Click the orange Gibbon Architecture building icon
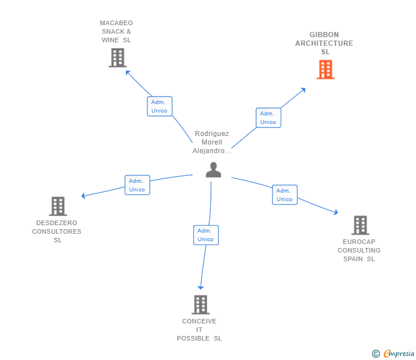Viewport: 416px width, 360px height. click(x=325, y=69)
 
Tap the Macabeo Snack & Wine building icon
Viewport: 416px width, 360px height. click(x=117, y=58)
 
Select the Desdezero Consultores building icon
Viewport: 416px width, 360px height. click(x=58, y=206)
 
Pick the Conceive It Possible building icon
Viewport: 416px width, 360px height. click(x=200, y=305)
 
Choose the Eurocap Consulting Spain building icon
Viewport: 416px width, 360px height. click(x=360, y=225)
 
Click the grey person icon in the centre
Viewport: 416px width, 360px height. click(x=213, y=170)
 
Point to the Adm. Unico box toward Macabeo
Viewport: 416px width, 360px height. click(x=159, y=106)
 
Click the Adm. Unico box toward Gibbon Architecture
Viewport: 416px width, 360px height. click(x=268, y=118)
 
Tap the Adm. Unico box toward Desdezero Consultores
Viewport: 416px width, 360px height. click(x=137, y=185)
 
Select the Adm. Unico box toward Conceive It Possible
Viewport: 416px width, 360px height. click(x=206, y=235)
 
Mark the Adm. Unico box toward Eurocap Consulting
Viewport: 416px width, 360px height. click(x=284, y=195)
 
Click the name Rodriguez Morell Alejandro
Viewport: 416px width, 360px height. click(x=211, y=142)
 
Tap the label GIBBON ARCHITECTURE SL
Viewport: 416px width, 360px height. click(x=324, y=43)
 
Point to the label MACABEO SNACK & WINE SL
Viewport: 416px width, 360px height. click(x=116, y=31)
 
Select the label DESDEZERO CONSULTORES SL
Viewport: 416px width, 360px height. click(x=57, y=231)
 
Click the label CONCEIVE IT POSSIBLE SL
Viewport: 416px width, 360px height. click(x=199, y=330)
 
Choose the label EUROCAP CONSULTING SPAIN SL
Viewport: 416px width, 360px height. click(x=359, y=250)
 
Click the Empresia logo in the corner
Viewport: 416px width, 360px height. click(x=398, y=354)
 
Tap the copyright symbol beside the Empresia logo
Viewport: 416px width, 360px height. click(x=376, y=354)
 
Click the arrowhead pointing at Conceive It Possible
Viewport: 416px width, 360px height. click(x=201, y=287)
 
